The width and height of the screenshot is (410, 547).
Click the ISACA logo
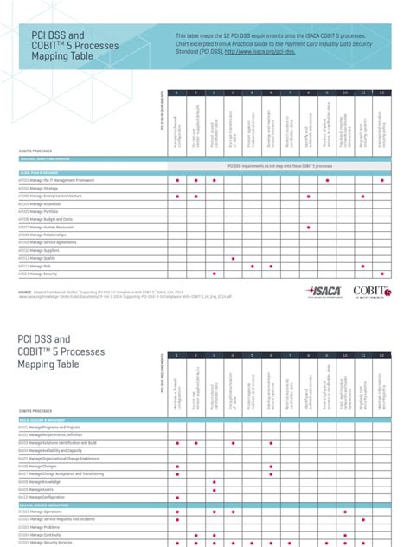tap(324, 294)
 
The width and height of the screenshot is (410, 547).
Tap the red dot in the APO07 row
tap(308, 228)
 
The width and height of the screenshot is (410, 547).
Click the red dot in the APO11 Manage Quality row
tap(233, 258)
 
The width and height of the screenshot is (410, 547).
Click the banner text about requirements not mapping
tap(280, 164)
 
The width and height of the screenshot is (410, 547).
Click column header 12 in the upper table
tap(381, 93)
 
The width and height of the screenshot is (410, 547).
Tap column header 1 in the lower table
tap(177, 356)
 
